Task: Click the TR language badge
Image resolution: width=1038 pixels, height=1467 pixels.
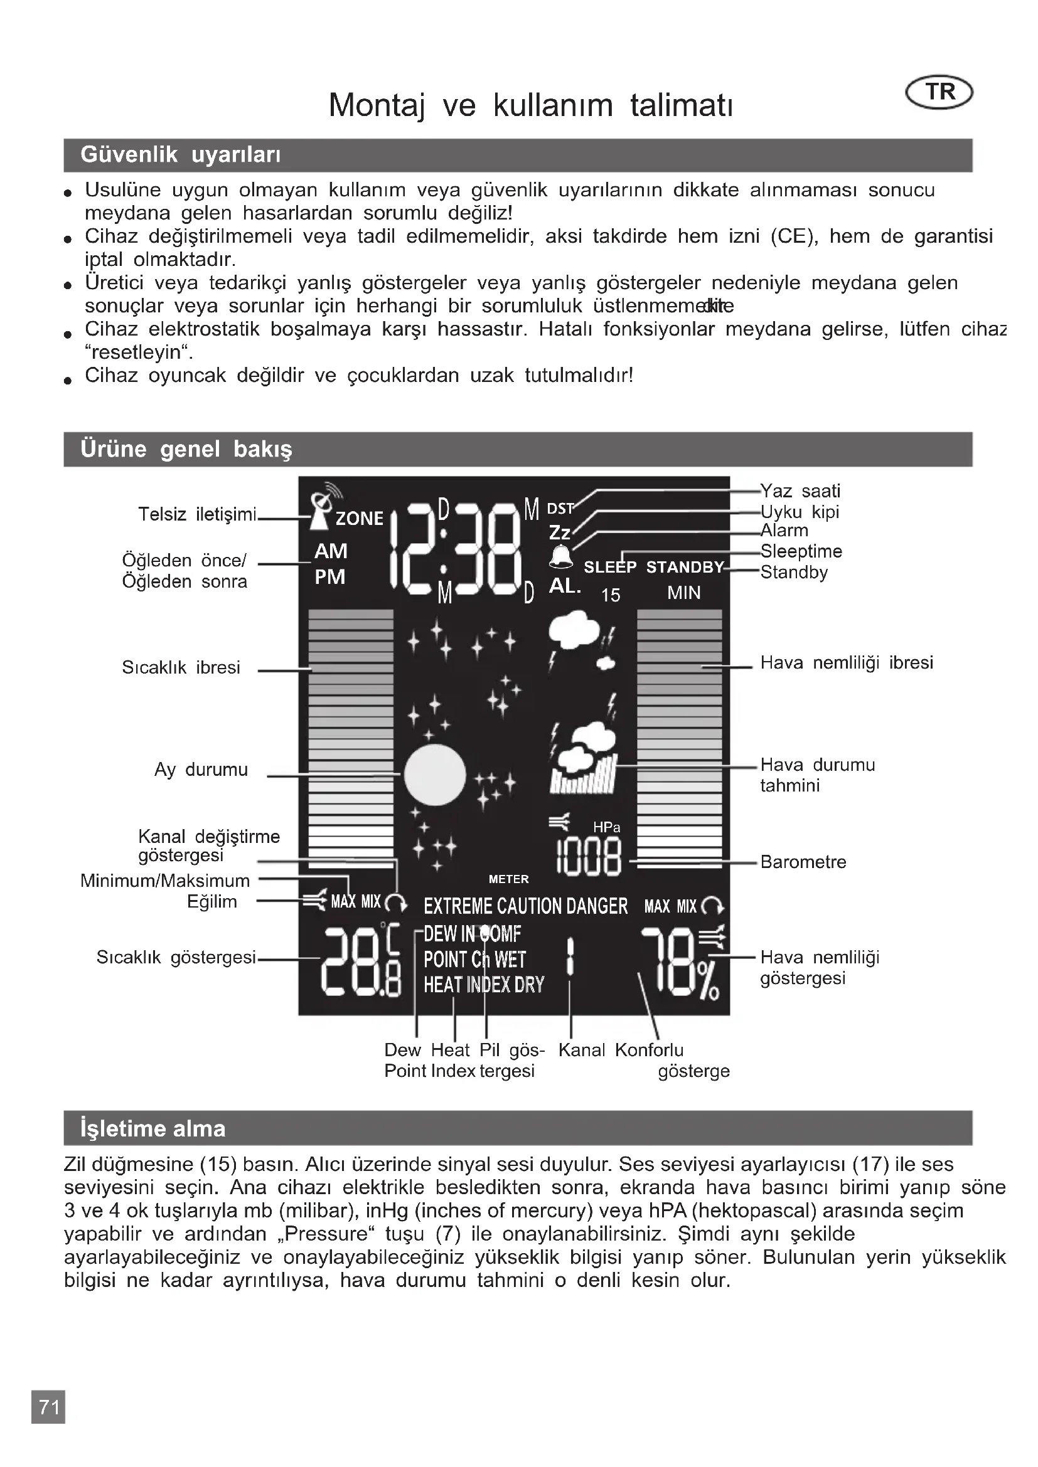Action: (x=939, y=93)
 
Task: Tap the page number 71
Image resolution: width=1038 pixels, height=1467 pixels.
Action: (x=48, y=1406)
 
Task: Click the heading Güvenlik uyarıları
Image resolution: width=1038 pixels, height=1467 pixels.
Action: (x=180, y=155)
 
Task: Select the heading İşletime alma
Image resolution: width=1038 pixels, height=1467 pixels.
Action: (x=152, y=1128)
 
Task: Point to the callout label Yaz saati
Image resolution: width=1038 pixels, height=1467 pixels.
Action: (x=800, y=490)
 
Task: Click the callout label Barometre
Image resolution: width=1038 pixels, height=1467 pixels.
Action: (x=803, y=862)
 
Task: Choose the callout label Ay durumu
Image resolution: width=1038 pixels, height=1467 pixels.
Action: (x=201, y=770)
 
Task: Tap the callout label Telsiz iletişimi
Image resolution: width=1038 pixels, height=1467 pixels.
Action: (x=197, y=514)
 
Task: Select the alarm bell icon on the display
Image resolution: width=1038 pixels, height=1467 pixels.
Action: (x=561, y=556)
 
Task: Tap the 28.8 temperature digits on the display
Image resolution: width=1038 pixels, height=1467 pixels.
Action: (x=360, y=961)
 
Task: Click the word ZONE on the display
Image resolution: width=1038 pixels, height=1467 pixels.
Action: (x=359, y=518)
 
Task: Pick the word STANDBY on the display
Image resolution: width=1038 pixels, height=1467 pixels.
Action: (x=685, y=568)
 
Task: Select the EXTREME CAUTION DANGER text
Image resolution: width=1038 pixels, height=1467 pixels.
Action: (x=525, y=906)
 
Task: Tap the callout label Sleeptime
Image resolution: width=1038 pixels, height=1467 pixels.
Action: (x=801, y=551)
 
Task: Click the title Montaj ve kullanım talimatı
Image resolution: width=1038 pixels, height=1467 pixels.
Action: (x=530, y=105)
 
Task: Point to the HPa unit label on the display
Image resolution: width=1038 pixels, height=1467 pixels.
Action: (x=606, y=827)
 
